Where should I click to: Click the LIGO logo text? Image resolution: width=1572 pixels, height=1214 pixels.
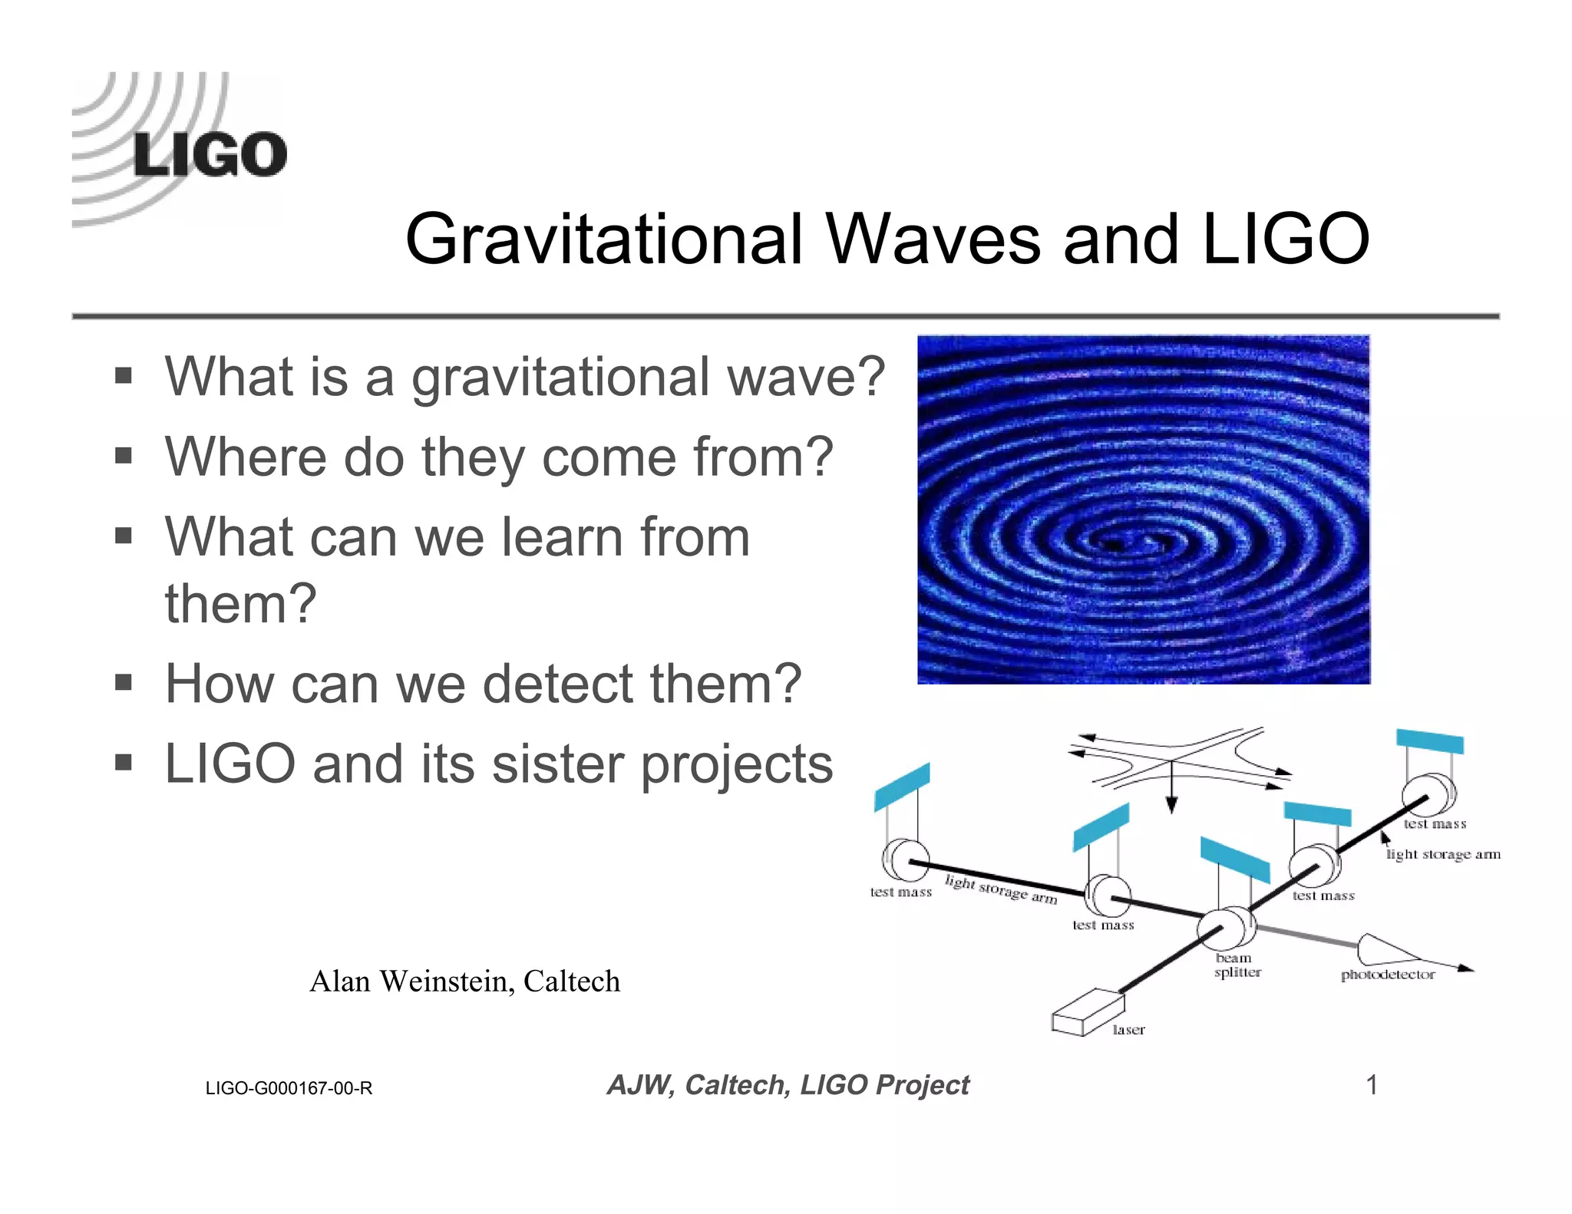(x=210, y=154)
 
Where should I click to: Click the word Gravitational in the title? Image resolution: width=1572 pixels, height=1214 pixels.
(x=603, y=239)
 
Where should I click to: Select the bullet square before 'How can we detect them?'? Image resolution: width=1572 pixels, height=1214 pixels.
(x=124, y=681)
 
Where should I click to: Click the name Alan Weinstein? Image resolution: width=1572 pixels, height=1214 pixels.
(x=411, y=981)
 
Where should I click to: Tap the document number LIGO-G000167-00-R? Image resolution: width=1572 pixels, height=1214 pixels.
(x=289, y=1088)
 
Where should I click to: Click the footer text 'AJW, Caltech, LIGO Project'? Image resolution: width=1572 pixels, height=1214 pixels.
(x=788, y=1085)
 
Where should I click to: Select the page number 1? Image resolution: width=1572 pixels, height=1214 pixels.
(x=1371, y=1085)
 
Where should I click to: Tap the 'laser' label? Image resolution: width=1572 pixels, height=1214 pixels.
(x=1128, y=1030)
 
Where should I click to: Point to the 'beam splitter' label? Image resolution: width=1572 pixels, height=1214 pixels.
(x=1237, y=965)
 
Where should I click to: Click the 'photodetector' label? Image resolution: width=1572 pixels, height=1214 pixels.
(x=1387, y=975)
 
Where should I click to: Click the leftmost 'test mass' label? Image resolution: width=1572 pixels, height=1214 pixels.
(x=900, y=892)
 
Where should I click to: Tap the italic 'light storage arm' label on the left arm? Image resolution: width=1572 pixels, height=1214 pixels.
(x=1000, y=889)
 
